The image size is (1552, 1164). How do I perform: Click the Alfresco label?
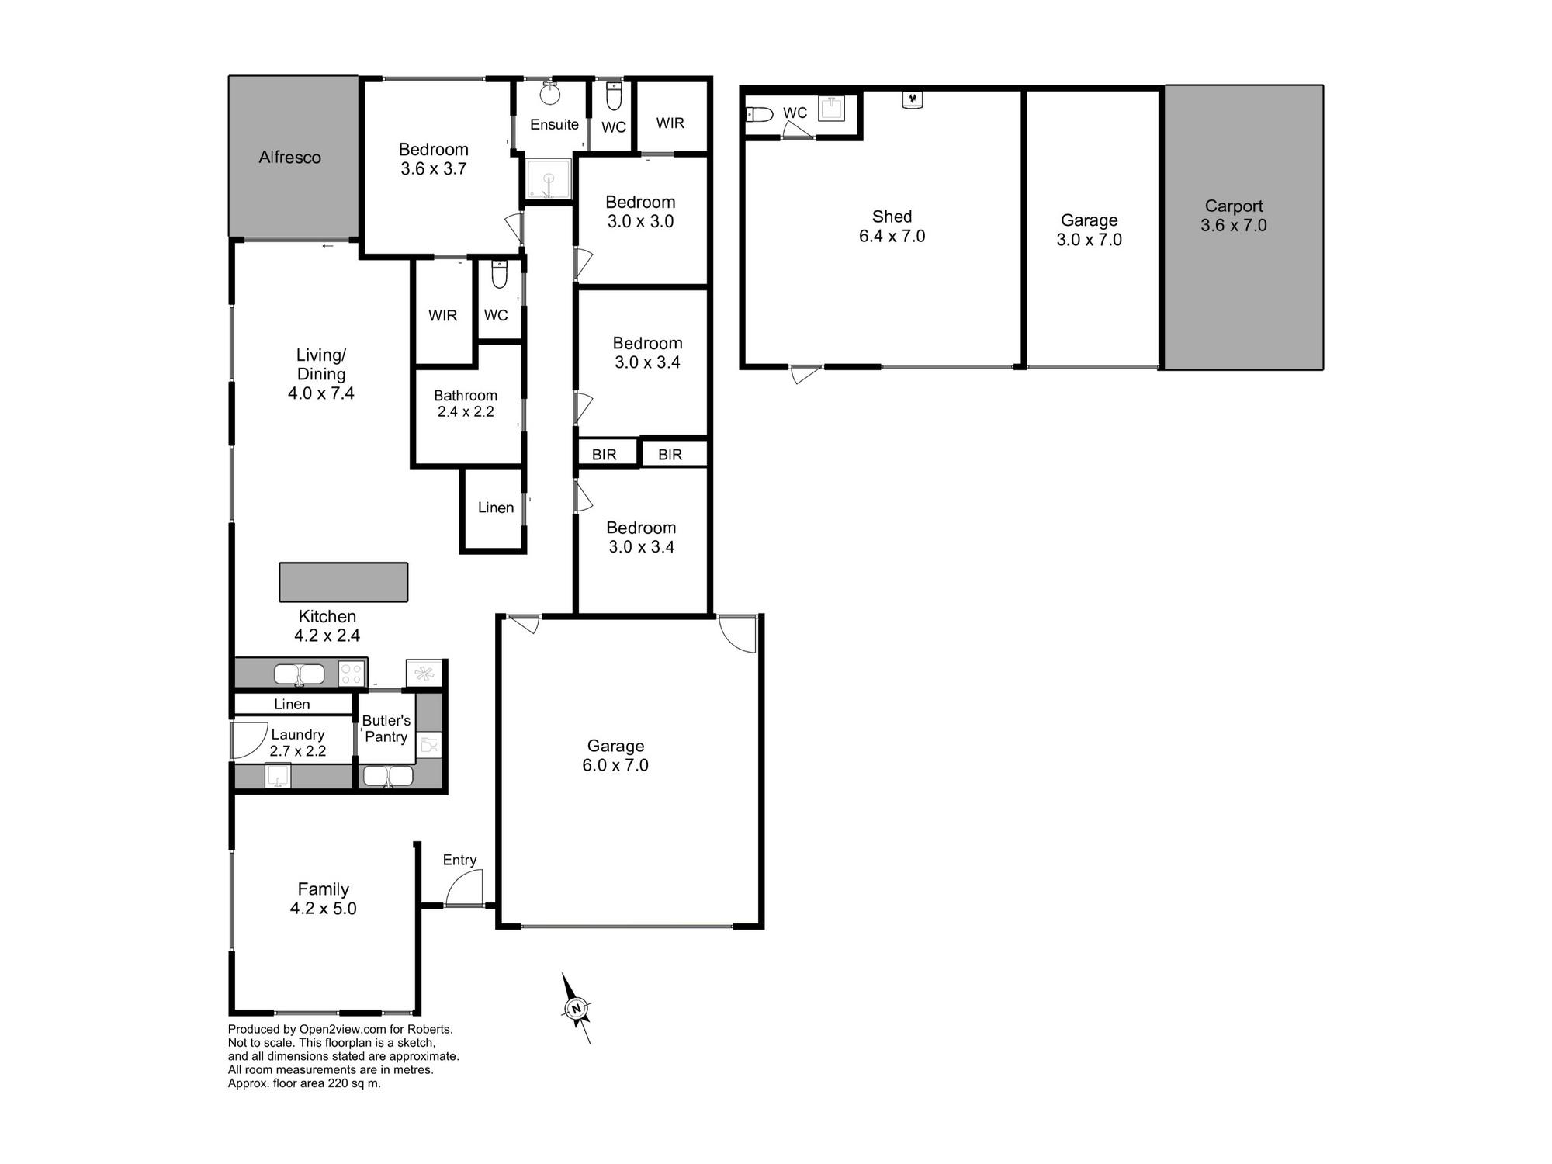(289, 158)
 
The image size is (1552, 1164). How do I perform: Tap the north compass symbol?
(576, 1008)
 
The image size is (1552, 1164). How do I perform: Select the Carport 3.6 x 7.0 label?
(1234, 216)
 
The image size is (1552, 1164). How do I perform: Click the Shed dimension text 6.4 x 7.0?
(892, 236)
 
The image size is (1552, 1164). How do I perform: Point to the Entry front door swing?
(464, 887)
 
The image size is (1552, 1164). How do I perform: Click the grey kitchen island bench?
(343, 582)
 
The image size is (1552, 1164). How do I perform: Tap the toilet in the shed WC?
(760, 115)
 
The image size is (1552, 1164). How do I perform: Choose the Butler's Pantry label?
(386, 729)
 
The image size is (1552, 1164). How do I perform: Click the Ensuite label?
(554, 124)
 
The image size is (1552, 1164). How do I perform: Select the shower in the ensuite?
(549, 180)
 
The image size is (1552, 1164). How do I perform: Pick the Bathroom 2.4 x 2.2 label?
(466, 404)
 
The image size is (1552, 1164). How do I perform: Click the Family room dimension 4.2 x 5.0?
(324, 909)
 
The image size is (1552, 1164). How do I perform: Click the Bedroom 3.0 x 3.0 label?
(640, 212)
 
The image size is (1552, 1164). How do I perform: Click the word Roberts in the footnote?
(430, 1029)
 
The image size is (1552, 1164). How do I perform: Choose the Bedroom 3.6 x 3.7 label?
(434, 159)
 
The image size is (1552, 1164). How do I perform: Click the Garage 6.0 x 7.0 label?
(615, 755)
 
